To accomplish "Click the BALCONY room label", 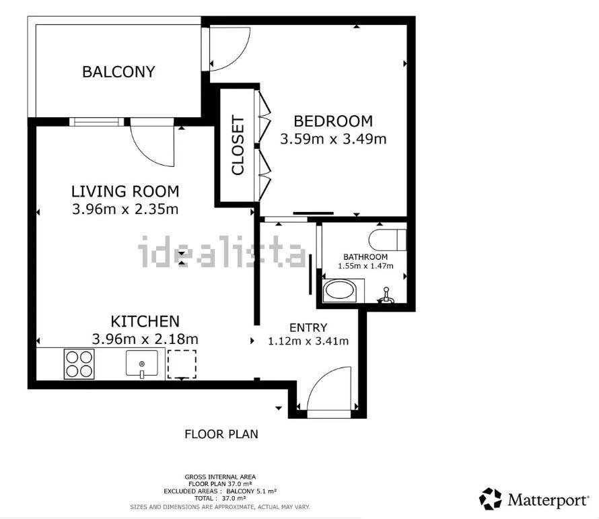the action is point(118,72).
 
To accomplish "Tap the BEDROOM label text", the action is point(333,121).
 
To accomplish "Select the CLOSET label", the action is point(238,145).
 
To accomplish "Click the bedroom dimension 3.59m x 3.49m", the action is point(333,139).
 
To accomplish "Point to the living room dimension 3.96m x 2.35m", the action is point(125,209).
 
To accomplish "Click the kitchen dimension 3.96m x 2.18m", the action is point(145,339).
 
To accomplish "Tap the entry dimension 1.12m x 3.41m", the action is point(308,341).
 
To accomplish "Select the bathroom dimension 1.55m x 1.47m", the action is point(365,266).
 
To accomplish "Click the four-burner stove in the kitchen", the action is point(79,364).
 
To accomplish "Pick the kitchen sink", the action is point(142,364).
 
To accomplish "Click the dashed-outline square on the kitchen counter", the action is point(182,364).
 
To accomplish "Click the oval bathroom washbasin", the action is point(340,291).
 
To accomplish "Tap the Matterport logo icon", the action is point(491,499).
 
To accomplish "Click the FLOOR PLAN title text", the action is point(221,434).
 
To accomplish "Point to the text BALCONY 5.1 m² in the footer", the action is point(251,491).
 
